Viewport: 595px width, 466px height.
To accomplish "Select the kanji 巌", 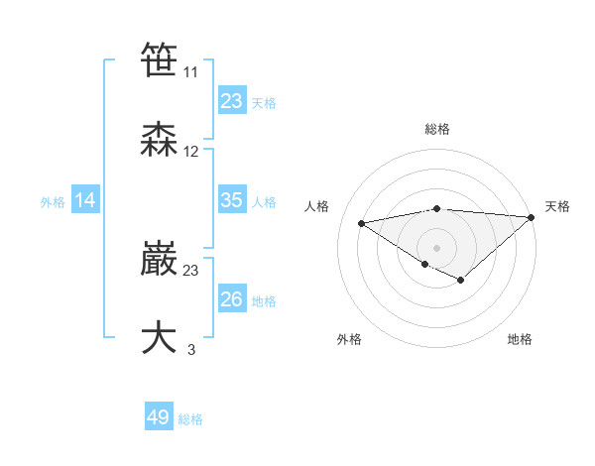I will (160, 259).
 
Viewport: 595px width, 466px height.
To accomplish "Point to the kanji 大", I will (160, 337).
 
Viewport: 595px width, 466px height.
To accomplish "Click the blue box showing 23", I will (232, 101).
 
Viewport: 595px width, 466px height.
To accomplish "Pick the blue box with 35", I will (232, 200).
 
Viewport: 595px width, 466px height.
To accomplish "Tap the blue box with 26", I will (232, 299).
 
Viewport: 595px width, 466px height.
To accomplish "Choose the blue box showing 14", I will (85, 200).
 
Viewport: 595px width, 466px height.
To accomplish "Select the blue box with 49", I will (159, 417).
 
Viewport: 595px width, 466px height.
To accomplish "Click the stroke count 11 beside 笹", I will (191, 72).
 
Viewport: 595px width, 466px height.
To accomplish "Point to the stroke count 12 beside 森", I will (191, 152).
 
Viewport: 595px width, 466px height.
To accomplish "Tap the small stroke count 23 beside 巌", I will (191, 270).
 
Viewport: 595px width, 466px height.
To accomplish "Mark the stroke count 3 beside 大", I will (191, 349).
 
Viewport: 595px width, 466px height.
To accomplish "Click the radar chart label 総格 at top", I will (436, 129).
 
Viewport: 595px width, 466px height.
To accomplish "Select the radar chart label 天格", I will (557, 206).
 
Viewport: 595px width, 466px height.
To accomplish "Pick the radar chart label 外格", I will (349, 339).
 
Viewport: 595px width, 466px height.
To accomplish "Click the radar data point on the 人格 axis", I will (361, 222).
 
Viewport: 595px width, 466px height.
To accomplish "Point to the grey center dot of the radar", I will (436, 247).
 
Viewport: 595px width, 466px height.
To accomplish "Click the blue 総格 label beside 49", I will (190, 419).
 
